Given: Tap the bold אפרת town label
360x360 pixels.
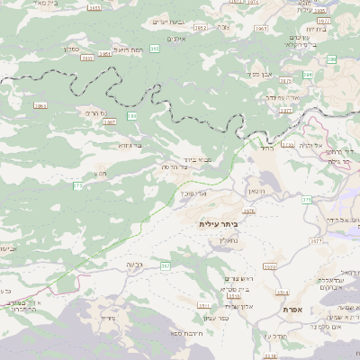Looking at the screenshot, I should click(292, 310).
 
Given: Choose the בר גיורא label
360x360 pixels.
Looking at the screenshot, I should click(130, 145).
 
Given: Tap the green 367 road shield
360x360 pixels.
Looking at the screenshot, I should click(165, 266).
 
